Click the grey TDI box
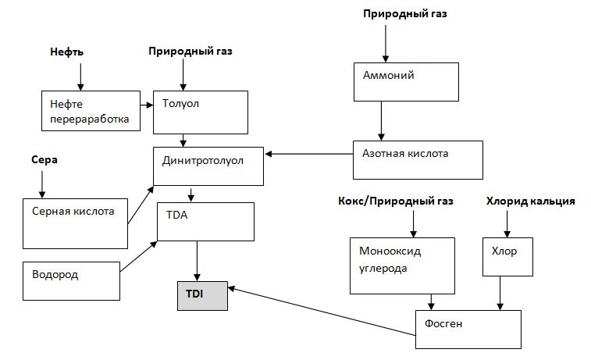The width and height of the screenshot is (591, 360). [x=201, y=295]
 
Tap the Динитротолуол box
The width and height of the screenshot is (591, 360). [x=208, y=166]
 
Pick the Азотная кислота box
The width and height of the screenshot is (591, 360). [x=418, y=159]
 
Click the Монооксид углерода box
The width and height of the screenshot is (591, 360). [x=401, y=266]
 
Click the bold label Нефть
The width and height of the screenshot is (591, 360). [x=68, y=52]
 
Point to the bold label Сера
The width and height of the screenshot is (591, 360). [x=45, y=159]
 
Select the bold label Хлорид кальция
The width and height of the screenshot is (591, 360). [x=531, y=201]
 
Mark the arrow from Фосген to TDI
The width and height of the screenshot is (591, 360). [x=320, y=312]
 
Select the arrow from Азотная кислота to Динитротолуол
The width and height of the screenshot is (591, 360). [x=308, y=155]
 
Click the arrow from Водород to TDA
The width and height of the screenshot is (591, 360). [x=138, y=258]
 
